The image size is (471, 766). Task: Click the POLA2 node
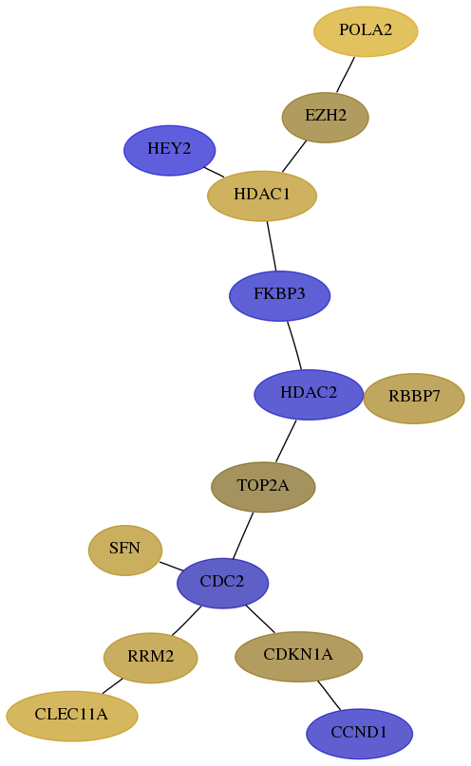366,31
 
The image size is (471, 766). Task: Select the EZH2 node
325,118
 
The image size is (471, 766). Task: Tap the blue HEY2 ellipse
169,150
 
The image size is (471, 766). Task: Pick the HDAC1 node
262,196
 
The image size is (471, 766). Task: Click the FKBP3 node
279,295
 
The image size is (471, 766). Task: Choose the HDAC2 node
309,394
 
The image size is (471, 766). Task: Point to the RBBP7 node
414,398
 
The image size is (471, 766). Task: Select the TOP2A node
263,487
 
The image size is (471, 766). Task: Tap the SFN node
125,551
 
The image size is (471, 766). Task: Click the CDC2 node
222,583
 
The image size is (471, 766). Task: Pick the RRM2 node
150,658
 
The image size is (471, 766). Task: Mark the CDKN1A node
298,656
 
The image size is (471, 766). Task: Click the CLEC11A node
72,716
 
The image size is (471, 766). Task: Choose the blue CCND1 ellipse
359,734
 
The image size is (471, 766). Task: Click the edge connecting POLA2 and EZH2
346,74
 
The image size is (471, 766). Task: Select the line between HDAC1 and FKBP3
272,246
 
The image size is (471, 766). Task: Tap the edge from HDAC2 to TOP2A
286,440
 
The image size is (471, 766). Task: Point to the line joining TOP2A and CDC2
243,535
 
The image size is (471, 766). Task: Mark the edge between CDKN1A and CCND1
329,695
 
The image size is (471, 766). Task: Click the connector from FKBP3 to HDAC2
294,345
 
